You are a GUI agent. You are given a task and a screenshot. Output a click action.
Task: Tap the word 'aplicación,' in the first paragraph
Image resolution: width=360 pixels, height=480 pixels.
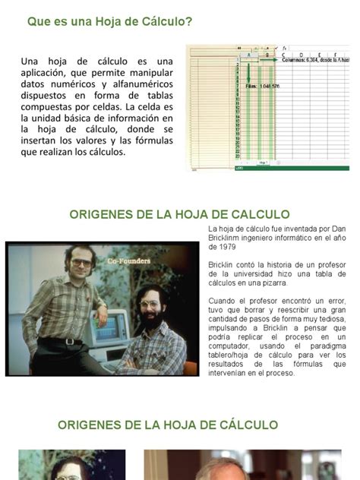49,73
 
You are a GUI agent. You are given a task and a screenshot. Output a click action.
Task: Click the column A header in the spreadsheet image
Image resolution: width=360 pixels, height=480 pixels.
248,55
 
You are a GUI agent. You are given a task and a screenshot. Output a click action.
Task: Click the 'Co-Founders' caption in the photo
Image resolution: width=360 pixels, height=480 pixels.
128,261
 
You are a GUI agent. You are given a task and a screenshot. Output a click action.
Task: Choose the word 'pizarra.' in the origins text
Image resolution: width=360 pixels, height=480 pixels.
273,283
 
